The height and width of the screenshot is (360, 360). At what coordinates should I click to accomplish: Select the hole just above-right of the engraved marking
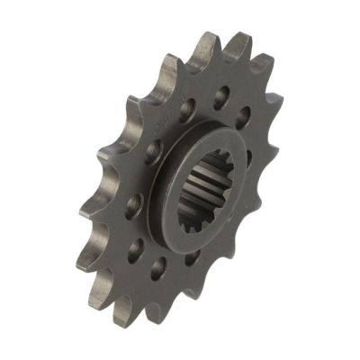coord(186,110)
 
